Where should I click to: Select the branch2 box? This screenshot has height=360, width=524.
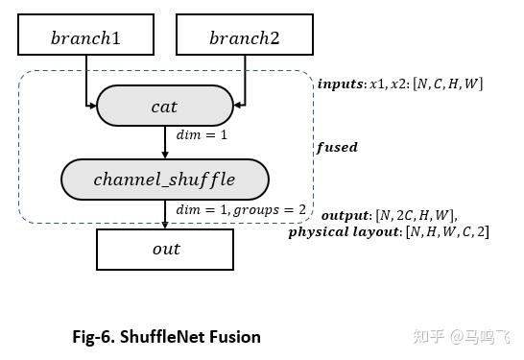(244, 37)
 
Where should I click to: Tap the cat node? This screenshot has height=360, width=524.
(165, 107)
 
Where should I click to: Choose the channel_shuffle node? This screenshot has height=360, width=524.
(164, 179)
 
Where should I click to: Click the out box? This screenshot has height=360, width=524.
(165, 250)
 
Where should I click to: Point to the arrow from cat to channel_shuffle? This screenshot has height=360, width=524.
(165, 141)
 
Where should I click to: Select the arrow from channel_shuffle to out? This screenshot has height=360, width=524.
(165, 213)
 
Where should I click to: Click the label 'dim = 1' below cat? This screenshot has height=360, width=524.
(202, 135)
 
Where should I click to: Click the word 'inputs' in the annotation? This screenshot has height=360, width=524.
(340, 84)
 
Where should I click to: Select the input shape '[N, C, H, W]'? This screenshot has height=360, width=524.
(447, 84)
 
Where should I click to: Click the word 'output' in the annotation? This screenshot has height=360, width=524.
(344, 215)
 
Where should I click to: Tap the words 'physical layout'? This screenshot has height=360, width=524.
(343, 231)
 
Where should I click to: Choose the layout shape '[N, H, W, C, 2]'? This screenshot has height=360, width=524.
(446, 231)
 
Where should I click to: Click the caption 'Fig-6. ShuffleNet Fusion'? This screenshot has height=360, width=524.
(166, 336)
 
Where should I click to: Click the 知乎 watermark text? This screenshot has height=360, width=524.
(426, 336)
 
